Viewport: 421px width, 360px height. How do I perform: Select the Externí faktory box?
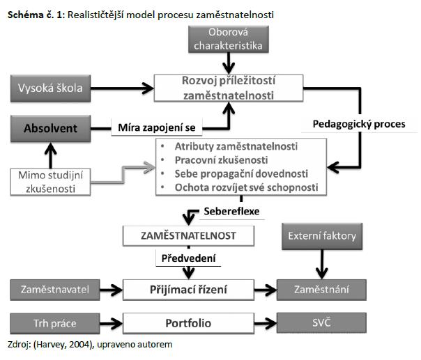click(x=323, y=235)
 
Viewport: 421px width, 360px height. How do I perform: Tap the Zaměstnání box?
click(x=322, y=287)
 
